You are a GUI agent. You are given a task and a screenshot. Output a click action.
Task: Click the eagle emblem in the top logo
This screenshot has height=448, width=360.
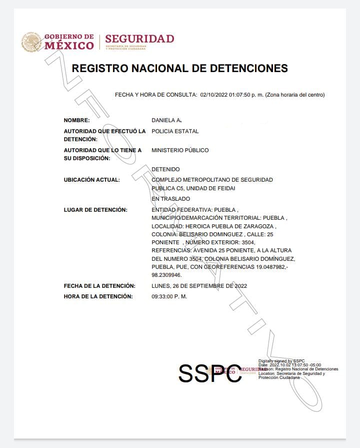(x=30, y=42)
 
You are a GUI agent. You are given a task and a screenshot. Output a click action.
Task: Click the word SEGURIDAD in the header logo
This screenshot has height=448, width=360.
(x=139, y=39)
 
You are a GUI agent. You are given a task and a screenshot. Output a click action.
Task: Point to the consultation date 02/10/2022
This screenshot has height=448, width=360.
(x=214, y=95)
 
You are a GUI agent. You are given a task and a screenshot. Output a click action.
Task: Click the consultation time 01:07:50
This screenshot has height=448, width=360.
(x=242, y=95)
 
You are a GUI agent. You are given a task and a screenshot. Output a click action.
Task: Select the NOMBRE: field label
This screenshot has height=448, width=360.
(x=76, y=121)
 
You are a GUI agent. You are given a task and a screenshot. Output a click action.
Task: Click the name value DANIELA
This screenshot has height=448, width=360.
(x=163, y=121)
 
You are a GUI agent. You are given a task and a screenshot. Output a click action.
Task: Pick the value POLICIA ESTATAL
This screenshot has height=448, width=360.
(x=175, y=131)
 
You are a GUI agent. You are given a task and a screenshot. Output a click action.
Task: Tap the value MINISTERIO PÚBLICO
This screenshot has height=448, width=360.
(x=180, y=150)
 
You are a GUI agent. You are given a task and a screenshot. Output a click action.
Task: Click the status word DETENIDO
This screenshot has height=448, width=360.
(x=165, y=170)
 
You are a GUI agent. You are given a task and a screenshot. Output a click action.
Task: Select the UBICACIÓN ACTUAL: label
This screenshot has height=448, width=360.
(x=92, y=180)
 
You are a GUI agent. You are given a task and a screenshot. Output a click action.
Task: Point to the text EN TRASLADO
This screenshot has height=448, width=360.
(x=171, y=199)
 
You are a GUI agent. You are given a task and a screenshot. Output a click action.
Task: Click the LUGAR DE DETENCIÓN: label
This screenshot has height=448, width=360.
(x=95, y=209)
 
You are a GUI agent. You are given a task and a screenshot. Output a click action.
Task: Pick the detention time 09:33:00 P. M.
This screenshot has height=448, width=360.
(x=169, y=296)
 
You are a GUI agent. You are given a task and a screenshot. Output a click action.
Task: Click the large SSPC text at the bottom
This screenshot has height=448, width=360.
(x=210, y=373)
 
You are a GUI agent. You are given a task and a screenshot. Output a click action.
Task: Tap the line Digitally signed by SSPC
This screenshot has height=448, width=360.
(x=281, y=361)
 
